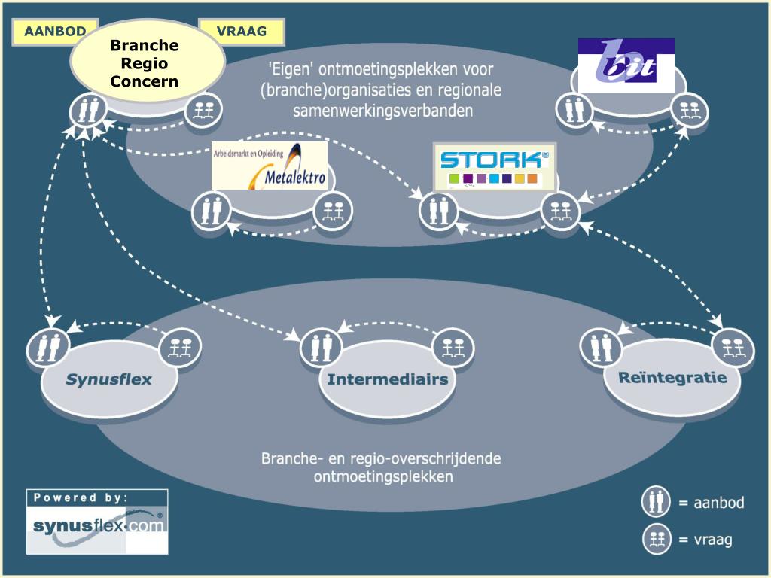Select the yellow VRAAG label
point(242,32)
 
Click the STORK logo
point(495,166)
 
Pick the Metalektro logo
point(270,166)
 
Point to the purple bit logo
point(626,65)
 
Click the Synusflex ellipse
point(108,379)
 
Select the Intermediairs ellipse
point(387,379)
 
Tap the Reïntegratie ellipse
point(672,378)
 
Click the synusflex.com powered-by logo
point(97,521)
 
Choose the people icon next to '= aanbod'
point(656,502)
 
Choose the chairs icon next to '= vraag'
point(656,539)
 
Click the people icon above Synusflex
point(48,346)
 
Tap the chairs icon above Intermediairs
point(453,347)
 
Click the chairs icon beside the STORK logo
point(559,211)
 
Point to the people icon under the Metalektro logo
point(212,211)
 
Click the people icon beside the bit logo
point(574,110)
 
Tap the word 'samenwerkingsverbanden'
point(383,111)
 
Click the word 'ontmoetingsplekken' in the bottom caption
point(383,476)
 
